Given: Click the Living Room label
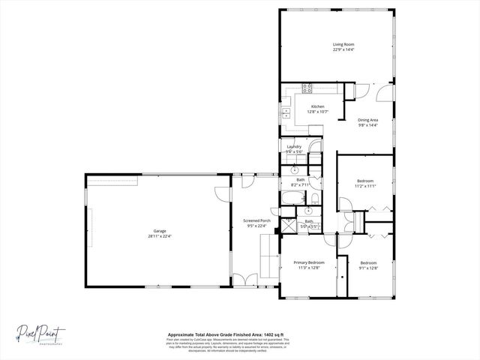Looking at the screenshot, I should click(343, 44).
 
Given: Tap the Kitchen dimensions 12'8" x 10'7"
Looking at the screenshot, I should click(318, 112).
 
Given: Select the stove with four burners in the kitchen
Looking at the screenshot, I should click(307, 88).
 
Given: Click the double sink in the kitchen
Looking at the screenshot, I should click(286, 113).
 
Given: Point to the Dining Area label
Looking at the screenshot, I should click(367, 120).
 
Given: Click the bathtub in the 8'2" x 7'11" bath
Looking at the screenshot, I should click(292, 199).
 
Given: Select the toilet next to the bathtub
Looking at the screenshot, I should click(315, 198).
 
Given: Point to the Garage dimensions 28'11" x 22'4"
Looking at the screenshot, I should click(160, 236).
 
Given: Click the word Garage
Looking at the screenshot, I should click(160, 231).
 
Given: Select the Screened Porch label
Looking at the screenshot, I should click(256, 220).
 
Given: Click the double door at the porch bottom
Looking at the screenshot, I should click(243, 280).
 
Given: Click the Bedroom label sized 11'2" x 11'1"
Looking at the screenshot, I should click(365, 181).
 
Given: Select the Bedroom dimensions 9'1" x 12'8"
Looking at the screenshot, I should click(368, 268).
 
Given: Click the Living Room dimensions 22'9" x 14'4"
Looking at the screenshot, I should click(343, 50).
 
